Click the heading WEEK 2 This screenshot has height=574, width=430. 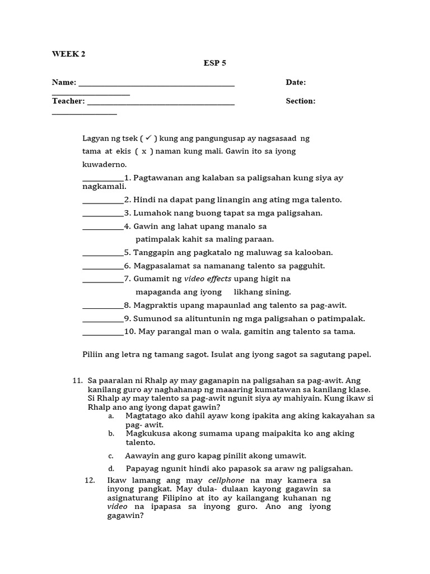coord(69,54)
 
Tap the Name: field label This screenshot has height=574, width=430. coord(64,82)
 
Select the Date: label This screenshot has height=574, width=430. coord(296,82)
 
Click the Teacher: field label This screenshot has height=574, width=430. coord(68,101)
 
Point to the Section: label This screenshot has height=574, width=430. coord(301,101)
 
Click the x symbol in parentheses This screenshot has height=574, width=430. coord(144,151)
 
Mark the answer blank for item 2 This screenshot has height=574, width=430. coord(103,200)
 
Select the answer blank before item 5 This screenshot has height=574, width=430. coord(103,253)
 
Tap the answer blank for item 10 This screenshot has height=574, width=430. coord(103,332)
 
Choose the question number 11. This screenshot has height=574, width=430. coord(78,380)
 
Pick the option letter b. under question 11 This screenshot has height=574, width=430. coord(111,433)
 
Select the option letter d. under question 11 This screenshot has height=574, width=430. coord(111,469)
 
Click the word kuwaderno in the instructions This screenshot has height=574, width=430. coord(104,164)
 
